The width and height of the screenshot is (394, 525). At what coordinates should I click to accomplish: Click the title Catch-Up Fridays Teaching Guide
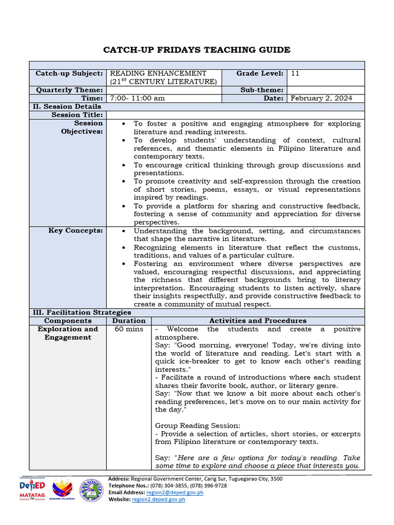tap(197, 50)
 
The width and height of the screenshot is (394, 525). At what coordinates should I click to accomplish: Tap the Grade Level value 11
tap(295, 74)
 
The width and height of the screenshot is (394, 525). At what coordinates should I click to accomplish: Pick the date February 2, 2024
tap(321, 98)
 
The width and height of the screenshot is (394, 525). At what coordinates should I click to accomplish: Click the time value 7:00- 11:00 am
tap(137, 98)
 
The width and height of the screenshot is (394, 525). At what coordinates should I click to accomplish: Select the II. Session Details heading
tap(66, 107)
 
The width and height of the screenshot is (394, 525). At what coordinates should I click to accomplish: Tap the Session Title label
tap(77, 115)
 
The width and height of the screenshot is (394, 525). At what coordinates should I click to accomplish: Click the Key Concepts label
tap(75, 231)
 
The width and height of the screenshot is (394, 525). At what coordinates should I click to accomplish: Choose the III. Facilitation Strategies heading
tap(82, 312)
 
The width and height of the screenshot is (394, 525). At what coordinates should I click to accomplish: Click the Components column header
tap(68, 320)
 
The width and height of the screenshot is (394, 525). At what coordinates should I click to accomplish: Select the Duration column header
tap(129, 320)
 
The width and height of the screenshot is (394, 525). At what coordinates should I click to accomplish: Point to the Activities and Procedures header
tap(258, 320)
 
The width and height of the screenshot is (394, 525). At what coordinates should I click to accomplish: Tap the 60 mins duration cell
tap(129, 329)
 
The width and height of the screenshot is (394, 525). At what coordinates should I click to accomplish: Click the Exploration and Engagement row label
tap(68, 333)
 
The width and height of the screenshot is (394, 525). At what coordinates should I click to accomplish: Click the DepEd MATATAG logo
tap(32, 491)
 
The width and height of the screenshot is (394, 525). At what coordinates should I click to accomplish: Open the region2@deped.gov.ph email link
tap(174, 492)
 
